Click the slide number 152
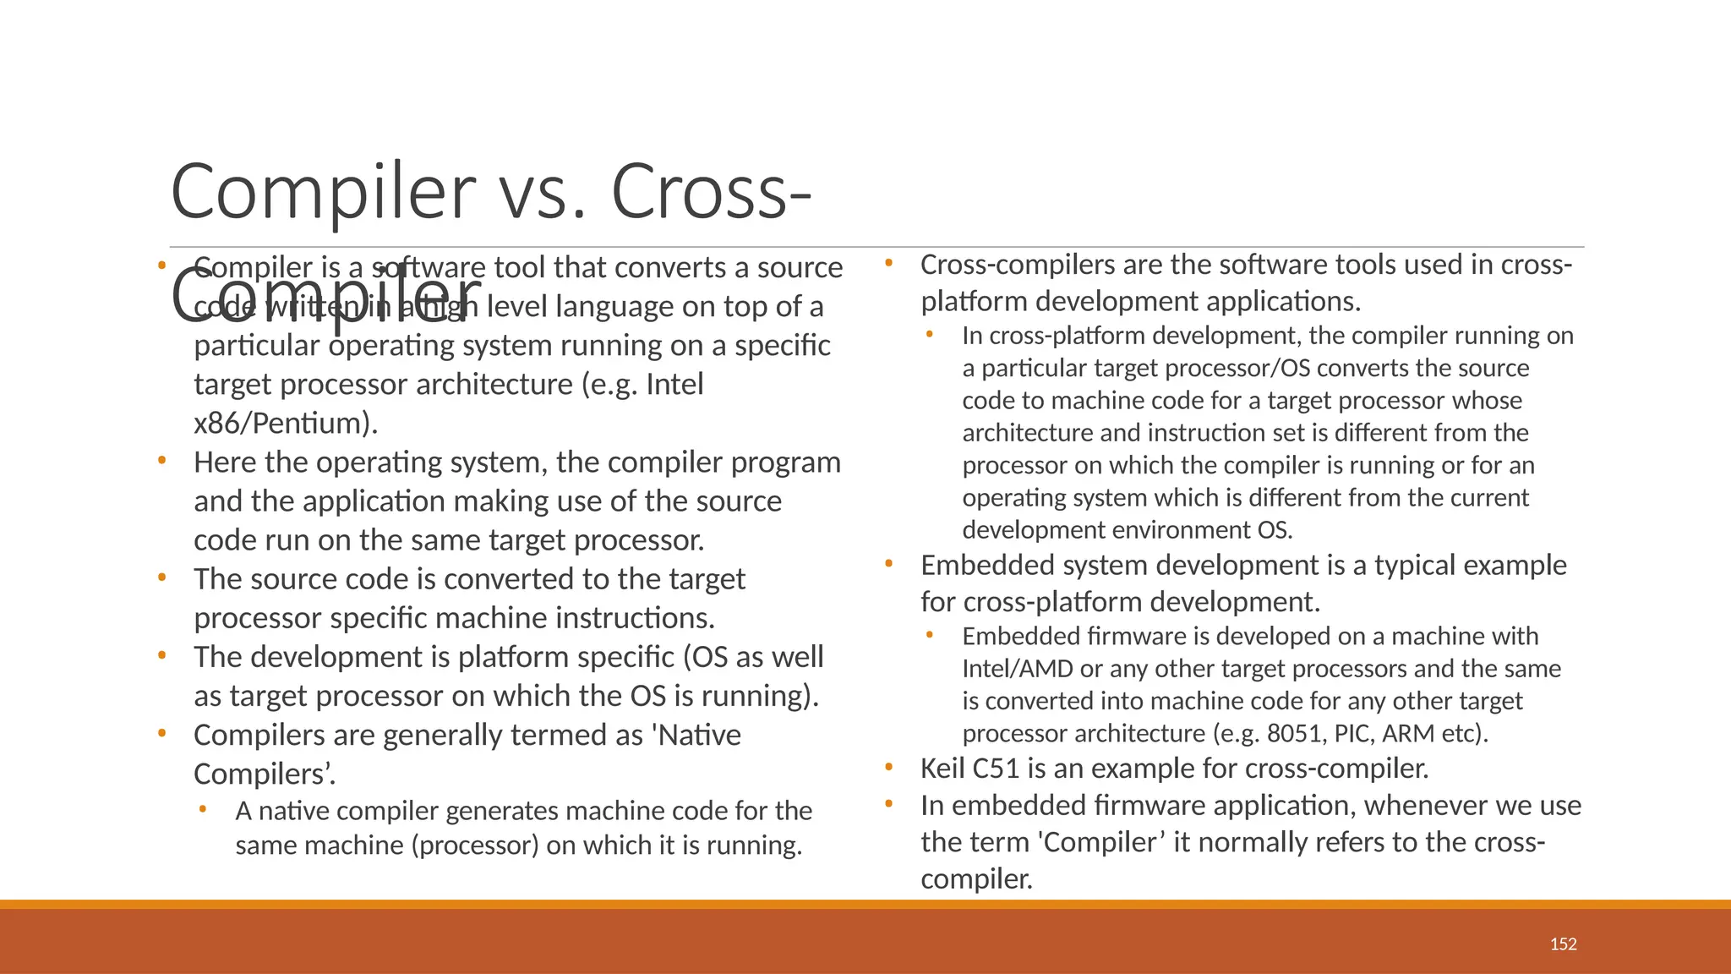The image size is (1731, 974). pos(1563,944)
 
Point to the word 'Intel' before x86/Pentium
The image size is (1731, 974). pos(674,385)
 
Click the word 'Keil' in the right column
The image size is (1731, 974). pos(943,769)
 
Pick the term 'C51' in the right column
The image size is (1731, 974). pos(997,769)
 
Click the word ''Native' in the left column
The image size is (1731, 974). pos(696,736)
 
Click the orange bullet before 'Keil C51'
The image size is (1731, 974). pos(889,768)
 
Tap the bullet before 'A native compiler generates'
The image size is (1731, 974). pos(203,810)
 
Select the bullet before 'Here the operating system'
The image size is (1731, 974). pos(161,462)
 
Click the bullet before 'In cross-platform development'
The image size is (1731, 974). pos(930,335)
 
